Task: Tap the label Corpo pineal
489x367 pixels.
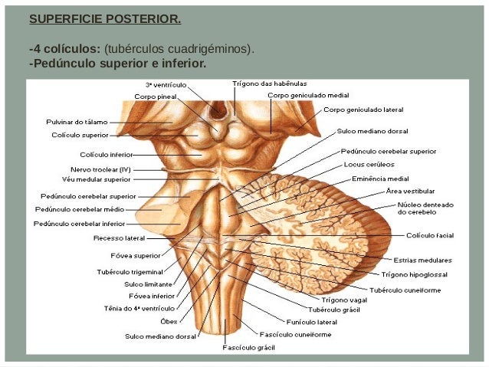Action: (x=157, y=97)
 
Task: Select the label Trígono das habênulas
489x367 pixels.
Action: (x=271, y=84)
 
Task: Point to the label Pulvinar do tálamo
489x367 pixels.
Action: (x=75, y=122)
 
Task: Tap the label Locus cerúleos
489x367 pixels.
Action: (x=369, y=164)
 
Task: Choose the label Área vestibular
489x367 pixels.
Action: (x=410, y=191)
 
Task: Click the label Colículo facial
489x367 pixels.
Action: (x=431, y=235)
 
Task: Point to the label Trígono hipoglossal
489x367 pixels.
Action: (x=415, y=274)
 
